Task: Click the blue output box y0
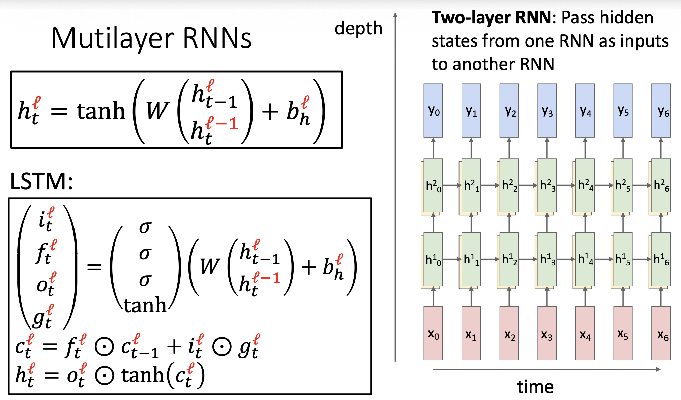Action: pos(433,111)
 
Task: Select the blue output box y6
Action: pos(661,111)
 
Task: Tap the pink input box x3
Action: pos(547,333)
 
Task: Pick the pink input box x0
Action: pos(433,333)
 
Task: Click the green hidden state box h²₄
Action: pos(585,185)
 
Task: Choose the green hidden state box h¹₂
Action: pos(509,259)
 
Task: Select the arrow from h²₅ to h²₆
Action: pos(642,185)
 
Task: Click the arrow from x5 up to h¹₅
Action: pos(623,296)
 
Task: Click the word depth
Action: pos(358,29)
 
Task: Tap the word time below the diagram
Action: pos(535,387)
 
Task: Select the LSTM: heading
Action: pos(41,181)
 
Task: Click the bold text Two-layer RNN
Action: pos(491,18)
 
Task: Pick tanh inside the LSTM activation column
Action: pos(145,305)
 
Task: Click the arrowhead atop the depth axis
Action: pos(395,15)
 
